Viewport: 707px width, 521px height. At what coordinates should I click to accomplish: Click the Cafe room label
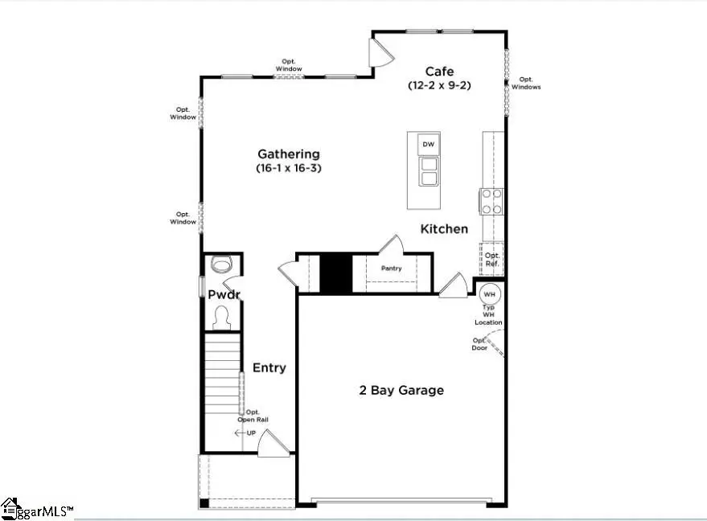[x=439, y=72]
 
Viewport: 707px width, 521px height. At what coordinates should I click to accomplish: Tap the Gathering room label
[x=288, y=154]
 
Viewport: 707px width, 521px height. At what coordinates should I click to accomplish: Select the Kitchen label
[x=444, y=229]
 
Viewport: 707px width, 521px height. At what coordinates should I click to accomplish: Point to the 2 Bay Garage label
[x=401, y=391]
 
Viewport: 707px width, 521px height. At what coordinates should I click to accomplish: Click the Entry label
[x=269, y=367]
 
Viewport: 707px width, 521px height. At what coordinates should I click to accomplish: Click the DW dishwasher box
[x=429, y=145]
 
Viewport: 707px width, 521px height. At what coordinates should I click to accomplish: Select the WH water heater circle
[x=489, y=293]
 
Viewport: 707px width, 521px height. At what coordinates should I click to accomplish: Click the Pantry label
[x=391, y=269]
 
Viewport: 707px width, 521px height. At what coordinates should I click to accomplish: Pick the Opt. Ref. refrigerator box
[x=491, y=259]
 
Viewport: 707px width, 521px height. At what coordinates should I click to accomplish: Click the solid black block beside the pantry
[x=336, y=273]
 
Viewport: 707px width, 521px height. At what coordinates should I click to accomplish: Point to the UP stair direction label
[x=251, y=433]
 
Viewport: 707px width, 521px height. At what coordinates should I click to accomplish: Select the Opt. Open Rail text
[x=252, y=415]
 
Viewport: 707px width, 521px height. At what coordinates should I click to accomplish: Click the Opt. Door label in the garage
[x=479, y=343]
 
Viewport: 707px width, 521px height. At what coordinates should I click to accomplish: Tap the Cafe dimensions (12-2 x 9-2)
[x=439, y=85]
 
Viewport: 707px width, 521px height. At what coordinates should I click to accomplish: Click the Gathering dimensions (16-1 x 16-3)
[x=288, y=168]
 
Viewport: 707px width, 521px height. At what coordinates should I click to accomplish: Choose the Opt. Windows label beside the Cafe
[x=526, y=83]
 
